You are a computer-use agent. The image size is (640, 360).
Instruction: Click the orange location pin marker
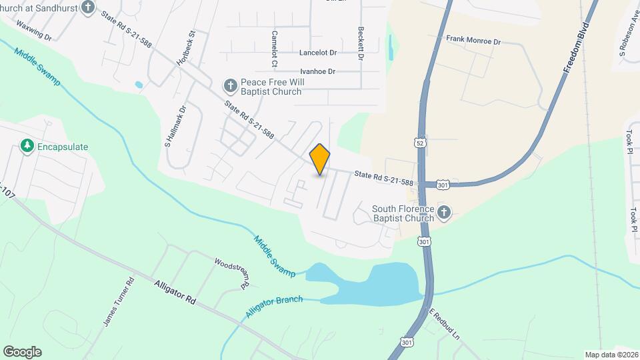[320, 159]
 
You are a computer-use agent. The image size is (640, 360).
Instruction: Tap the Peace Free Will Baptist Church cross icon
[230, 85]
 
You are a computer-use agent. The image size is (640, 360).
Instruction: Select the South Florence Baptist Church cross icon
[444, 213]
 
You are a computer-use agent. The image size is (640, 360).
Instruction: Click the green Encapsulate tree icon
[27, 146]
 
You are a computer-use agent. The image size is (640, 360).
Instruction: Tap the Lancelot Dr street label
[318, 52]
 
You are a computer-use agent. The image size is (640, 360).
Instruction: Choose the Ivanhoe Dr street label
[317, 71]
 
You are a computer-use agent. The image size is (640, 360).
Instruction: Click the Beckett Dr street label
[361, 44]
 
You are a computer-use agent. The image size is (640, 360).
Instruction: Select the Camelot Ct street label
[274, 48]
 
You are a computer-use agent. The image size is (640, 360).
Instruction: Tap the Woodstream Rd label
[231, 271]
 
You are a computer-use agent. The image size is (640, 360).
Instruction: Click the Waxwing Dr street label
[33, 29]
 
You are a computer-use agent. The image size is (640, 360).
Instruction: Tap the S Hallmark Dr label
[175, 126]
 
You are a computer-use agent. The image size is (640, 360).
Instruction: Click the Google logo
[22, 351]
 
